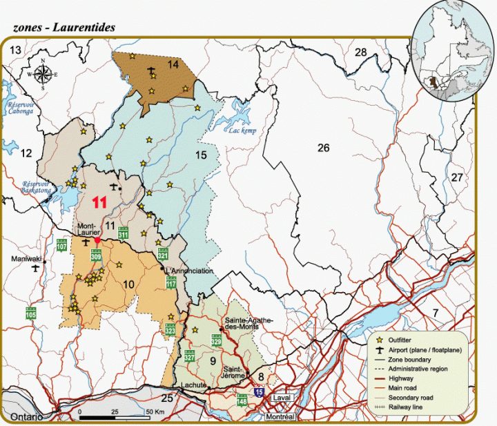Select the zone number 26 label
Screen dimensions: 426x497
[324, 147]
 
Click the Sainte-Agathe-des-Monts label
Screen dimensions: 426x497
[249, 325]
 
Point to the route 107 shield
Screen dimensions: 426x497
[61, 244]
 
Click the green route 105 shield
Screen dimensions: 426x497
[31, 313]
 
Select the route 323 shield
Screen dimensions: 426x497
[170, 331]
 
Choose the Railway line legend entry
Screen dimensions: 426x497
[408, 407]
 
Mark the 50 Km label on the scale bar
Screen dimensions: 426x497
[153, 412]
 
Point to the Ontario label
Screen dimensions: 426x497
[26, 418]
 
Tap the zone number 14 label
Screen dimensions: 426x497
[173, 65]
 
